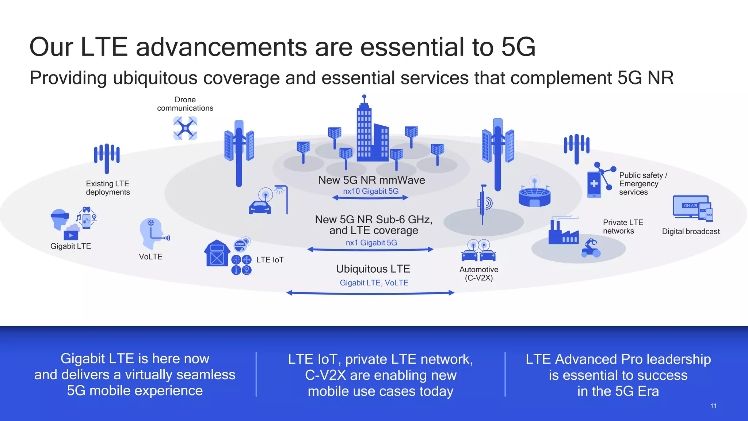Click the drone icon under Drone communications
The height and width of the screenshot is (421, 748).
[x=185, y=128]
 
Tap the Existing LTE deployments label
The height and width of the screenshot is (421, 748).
[x=108, y=188]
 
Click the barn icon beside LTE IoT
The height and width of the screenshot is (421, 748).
[x=217, y=253]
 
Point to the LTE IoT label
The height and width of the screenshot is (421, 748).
[x=270, y=260]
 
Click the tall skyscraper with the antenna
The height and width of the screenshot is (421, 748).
[x=364, y=132]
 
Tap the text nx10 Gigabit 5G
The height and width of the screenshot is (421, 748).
[x=371, y=191]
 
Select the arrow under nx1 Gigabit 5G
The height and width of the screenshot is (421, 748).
[x=370, y=250]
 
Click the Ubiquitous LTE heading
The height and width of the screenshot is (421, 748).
[x=373, y=269]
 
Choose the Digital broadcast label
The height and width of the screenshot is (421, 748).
[x=691, y=231]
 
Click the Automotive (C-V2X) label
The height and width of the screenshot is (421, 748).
[x=478, y=273]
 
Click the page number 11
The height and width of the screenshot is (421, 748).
[x=713, y=406]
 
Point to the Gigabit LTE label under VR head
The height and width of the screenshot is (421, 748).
[x=70, y=246]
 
